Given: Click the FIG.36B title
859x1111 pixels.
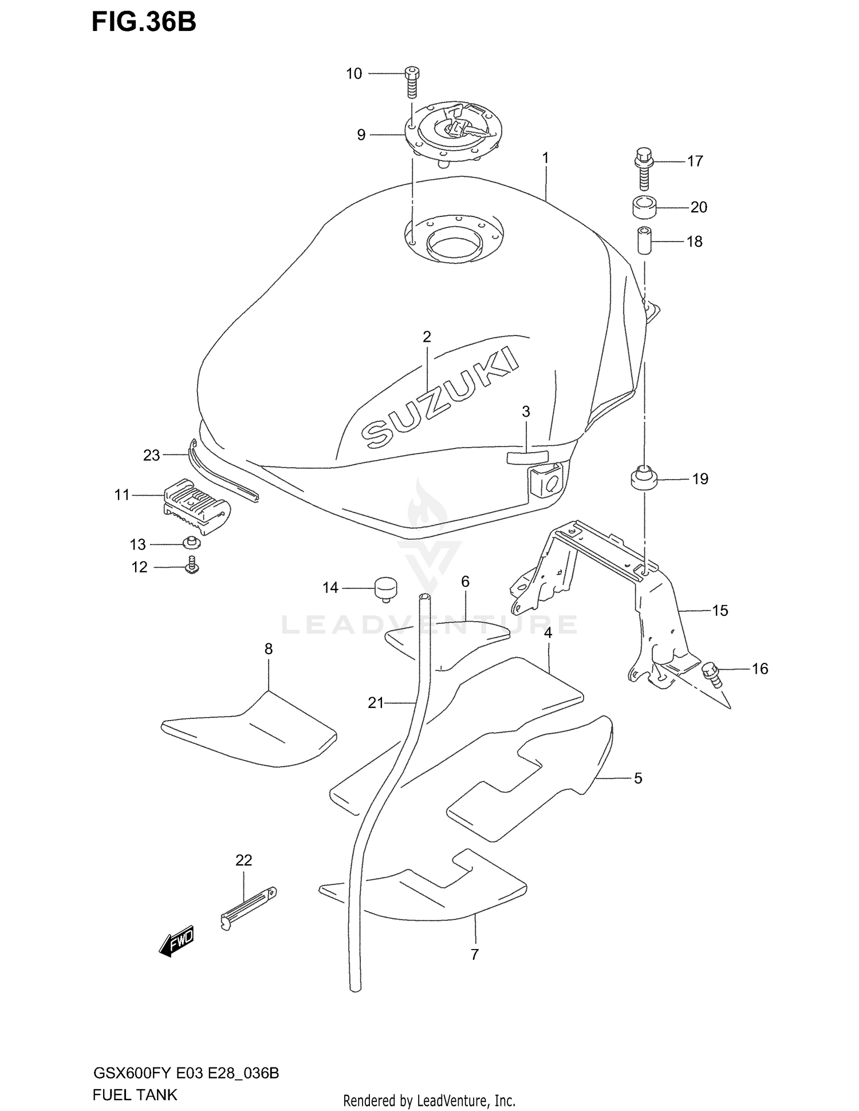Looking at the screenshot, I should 144,22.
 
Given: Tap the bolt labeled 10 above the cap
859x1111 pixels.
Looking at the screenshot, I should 411,82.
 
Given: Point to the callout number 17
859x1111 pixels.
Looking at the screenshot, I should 695,161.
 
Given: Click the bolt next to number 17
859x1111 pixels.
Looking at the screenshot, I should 644,169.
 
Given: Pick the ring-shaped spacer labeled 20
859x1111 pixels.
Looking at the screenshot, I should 644,207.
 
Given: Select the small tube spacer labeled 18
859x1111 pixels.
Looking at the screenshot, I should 645,242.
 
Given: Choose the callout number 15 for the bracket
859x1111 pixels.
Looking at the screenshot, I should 720,611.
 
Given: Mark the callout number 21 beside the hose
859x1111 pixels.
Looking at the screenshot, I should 375,703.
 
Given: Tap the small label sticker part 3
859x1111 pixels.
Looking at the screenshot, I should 527,456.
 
